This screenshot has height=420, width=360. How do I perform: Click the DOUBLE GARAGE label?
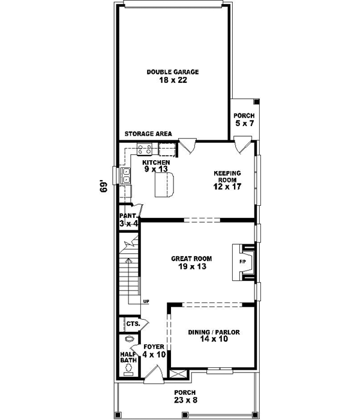click(173, 72)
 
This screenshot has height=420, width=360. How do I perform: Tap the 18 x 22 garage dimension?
click(173, 80)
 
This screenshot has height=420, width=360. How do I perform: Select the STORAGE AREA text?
click(148, 133)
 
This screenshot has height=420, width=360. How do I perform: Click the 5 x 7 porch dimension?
click(245, 124)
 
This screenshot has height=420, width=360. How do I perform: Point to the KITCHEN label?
click(155, 162)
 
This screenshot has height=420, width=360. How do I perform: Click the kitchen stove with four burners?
click(145, 149)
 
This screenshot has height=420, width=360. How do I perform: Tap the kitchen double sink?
click(127, 175)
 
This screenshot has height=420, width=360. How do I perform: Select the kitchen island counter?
click(164, 184)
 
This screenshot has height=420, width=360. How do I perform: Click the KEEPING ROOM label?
click(227, 176)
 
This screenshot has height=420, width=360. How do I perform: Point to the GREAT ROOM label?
click(189, 259)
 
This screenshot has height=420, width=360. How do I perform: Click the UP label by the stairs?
click(145, 301)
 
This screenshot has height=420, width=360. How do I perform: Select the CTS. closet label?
click(133, 323)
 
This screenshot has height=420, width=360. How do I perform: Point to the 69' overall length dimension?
click(103, 185)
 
